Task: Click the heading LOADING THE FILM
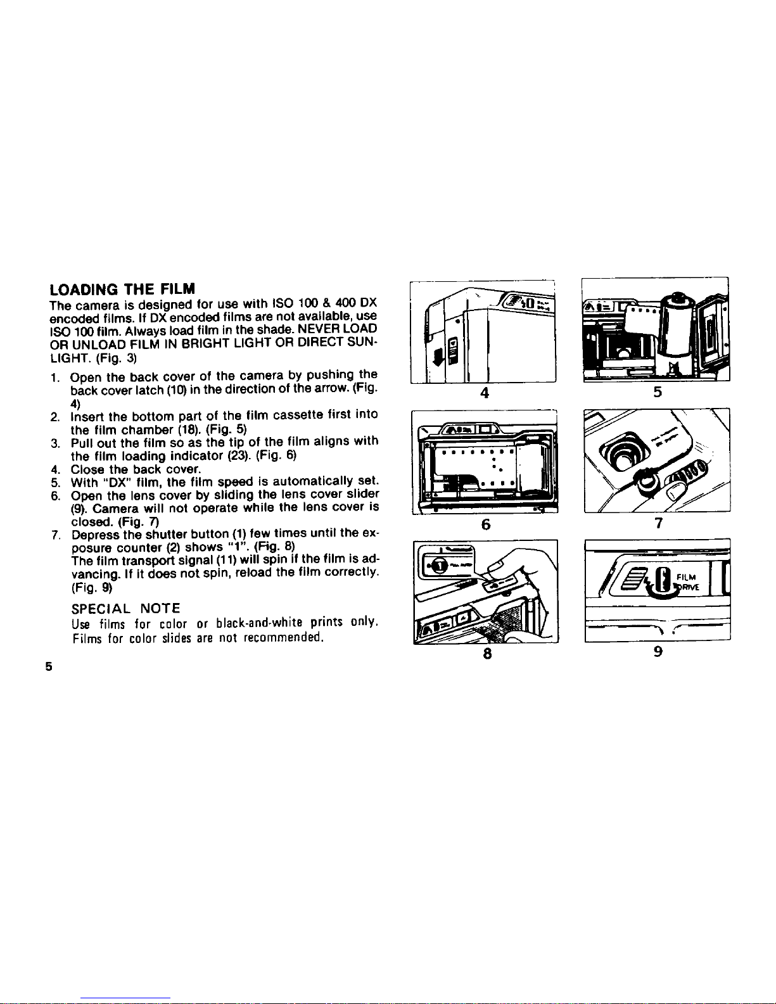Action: pyautogui.click(x=122, y=289)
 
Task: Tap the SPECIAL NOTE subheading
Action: pyautogui.click(x=125, y=608)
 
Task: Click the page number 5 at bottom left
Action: pyautogui.click(x=49, y=667)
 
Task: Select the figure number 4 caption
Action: pyautogui.click(x=484, y=393)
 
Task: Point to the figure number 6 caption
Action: pyautogui.click(x=485, y=524)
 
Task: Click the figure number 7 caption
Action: pyautogui.click(x=659, y=523)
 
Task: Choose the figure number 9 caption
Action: pyautogui.click(x=658, y=651)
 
